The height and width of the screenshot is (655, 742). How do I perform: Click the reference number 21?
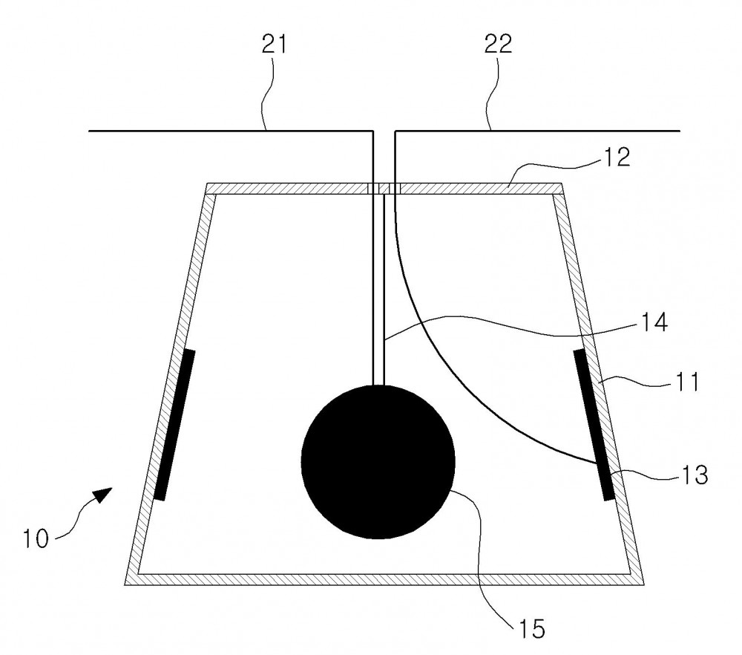coord(275,45)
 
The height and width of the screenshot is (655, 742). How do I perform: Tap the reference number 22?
coord(499,44)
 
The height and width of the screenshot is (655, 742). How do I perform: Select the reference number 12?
coord(616,157)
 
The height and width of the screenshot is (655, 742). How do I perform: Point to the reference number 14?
coord(654,322)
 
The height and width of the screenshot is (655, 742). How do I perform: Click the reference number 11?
coord(687,382)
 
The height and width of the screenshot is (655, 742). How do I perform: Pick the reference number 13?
coord(695,474)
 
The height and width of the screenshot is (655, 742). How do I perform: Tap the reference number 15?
coord(532,629)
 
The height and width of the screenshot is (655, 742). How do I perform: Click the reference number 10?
coord(36,538)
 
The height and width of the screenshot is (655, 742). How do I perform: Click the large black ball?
coord(378,462)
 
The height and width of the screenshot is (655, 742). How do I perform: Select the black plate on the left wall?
coord(174,424)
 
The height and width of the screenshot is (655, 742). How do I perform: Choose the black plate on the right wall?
coord(594,424)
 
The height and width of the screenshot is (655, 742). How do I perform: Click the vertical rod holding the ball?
coord(378,290)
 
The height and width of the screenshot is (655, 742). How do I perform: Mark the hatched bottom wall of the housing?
coord(384,579)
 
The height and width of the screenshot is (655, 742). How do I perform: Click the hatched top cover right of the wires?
coord(481,189)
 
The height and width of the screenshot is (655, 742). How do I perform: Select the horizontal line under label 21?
coord(231,130)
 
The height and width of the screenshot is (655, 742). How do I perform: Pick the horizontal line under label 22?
coord(537,130)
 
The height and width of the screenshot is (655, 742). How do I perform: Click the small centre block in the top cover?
coord(384,189)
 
